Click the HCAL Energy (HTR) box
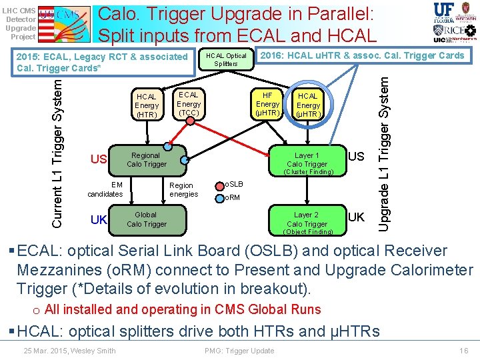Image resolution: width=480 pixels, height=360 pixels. [x=146, y=105]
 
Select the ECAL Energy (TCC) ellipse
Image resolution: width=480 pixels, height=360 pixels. [x=189, y=104]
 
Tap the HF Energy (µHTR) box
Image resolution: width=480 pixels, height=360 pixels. [x=267, y=104]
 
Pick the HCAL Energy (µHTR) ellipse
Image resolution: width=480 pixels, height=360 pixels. [x=308, y=105]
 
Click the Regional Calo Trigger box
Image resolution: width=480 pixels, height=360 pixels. [x=147, y=159]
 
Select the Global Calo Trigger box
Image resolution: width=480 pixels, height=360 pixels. [x=147, y=219]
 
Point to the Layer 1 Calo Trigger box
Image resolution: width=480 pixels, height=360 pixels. [x=307, y=159]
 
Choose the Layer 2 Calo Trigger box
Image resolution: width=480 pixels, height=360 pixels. [x=307, y=219]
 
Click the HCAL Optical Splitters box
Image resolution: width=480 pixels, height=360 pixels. [x=226, y=59]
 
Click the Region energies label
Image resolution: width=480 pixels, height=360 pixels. [x=183, y=190]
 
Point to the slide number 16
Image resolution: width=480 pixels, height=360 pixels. [x=464, y=351]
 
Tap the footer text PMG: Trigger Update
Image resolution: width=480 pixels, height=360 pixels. [x=239, y=351]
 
